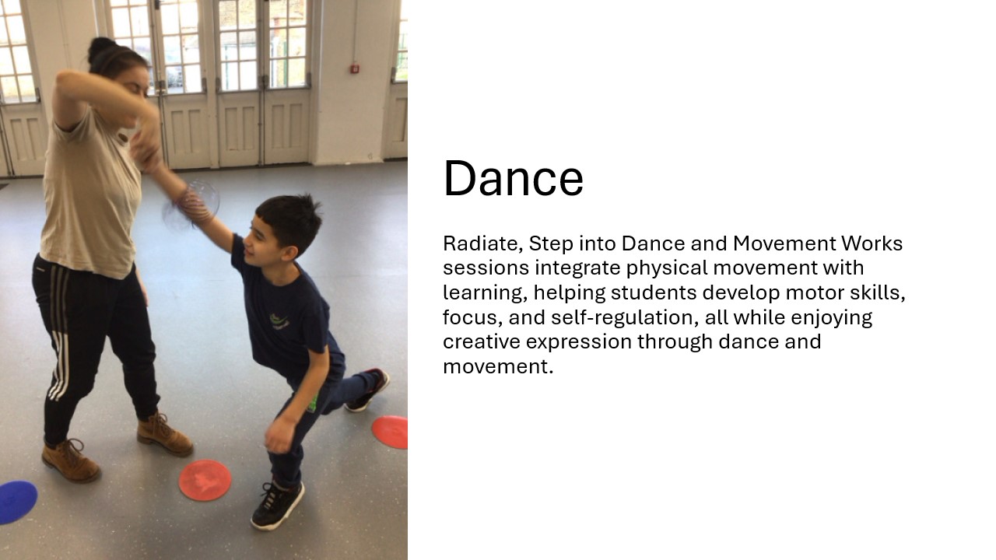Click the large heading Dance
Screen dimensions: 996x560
pyautogui.click(x=513, y=179)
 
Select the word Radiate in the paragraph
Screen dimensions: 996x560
pyautogui.click(x=483, y=243)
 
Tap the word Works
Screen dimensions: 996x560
pyautogui.click(x=872, y=243)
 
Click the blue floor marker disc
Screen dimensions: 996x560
pyautogui.click(x=17, y=502)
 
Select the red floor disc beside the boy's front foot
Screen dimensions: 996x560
pyautogui.click(x=205, y=481)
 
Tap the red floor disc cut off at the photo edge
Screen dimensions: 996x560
pyautogui.click(x=391, y=432)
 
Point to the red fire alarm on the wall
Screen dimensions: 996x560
pyautogui.click(x=354, y=69)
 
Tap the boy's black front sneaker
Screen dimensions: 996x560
pyautogui.click(x=278, y=506)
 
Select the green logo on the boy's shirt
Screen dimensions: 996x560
pyautogui.click(x=280, y=321)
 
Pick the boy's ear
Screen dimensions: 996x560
pyautogui.click(x=289, y=253)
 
